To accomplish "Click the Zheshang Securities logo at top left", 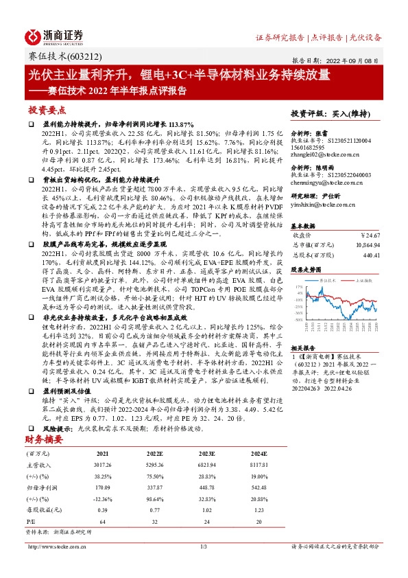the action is (x=54, y=36).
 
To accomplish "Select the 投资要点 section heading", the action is (x=47, y=110).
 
